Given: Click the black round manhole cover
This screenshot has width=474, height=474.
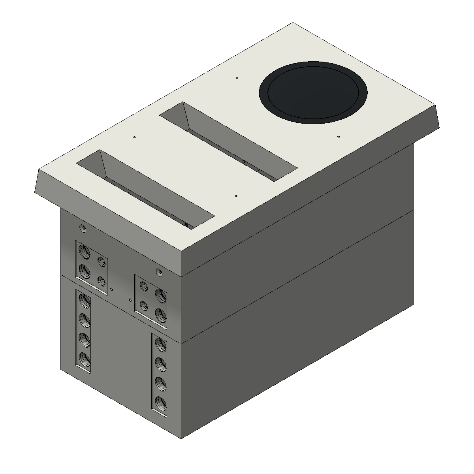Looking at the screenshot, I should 313,93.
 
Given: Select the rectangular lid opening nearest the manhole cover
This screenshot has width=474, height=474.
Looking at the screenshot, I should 228,141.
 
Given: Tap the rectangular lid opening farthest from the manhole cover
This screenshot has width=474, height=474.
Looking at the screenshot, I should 145,188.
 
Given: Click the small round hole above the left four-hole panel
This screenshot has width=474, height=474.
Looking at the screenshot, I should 83,228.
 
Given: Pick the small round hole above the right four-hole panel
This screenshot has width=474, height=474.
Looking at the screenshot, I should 159,272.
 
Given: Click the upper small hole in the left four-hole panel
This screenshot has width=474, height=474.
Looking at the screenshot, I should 102,261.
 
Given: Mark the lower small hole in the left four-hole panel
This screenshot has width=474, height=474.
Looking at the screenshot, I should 102,281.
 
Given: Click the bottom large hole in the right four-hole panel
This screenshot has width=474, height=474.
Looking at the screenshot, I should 160,314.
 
